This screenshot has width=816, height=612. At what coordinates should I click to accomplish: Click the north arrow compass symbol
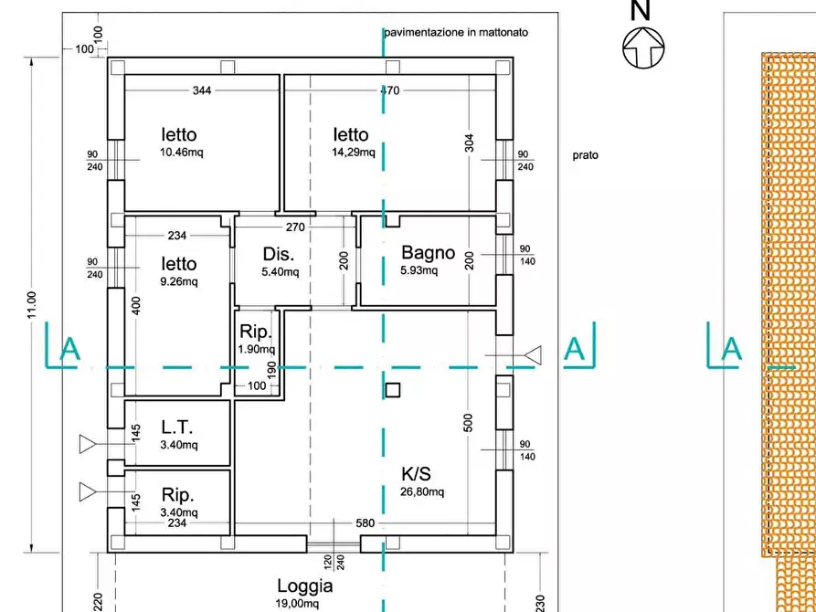tap(643, 47)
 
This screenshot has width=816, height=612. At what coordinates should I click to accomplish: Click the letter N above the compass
tap(641, 11)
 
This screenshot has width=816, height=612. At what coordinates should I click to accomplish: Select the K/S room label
tap(417, 474)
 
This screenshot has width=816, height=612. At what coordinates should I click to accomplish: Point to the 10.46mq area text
tap(181, 153)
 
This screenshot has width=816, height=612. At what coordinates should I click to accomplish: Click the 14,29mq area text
tap(353, 153)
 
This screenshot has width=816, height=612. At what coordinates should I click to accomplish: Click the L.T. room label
tap(179, 427)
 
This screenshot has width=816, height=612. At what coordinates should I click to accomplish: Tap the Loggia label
tap(305, 586)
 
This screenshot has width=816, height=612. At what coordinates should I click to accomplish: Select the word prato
tap(586, 155)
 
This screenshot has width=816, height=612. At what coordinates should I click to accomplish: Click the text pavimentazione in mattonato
tap(456, 32)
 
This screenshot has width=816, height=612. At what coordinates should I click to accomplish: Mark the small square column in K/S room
tap(392, 390)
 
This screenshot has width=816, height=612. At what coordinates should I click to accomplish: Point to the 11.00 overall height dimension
tap(31, 305)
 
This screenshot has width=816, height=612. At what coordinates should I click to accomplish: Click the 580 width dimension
tap(365, 523)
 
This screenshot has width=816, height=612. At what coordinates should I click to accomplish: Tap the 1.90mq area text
tap(256, 349)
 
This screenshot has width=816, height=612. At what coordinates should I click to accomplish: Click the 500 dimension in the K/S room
tap(469, 423)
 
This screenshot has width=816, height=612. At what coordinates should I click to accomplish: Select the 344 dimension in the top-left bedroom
tap(202, 90)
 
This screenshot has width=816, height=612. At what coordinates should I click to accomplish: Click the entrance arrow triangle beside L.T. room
tap(89, 445)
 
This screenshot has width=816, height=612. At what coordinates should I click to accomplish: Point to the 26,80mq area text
tap(423, 492)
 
